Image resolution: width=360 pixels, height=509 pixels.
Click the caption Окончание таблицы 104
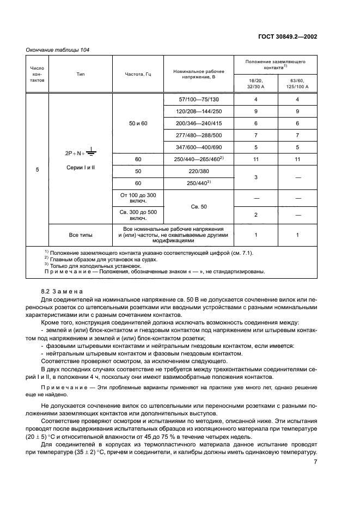pyautogui.click(x=58, y=50)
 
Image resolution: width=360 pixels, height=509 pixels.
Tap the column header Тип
pyautogui.click(x=80, y=73)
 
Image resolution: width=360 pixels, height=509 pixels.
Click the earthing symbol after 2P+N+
pyautogui.click(x=90, y=155)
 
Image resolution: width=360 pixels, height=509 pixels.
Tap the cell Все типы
pyautogui.click(x=80, y=235)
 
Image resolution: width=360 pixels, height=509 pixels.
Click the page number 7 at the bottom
pyautogui.click(x=315, y=462)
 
